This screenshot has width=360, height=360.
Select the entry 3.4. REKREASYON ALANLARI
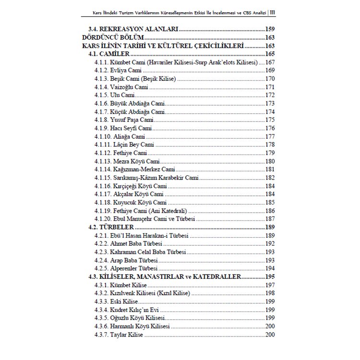(134, 29)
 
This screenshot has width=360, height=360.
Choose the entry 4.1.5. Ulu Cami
(111, 96)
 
